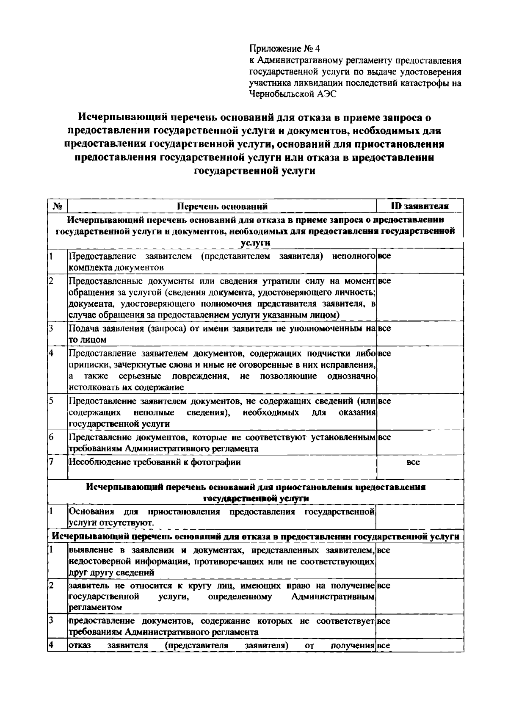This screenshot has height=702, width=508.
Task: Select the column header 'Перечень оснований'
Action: [x=222, y=207]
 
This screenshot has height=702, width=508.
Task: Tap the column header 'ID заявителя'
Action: [x=420, y=206]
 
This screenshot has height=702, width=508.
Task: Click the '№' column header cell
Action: [x=58, y=207]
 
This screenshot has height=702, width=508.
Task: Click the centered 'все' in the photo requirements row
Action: [x=413, y=462]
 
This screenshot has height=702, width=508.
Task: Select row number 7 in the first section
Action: [x=51, y=462]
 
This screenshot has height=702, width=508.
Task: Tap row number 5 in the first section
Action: [x=51, y=401]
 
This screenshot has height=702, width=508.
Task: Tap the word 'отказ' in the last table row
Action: [x=79, y=646]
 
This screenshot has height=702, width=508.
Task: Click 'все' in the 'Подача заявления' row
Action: [x=384, y=328]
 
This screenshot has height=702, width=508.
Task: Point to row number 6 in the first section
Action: [x=51, y=437]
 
